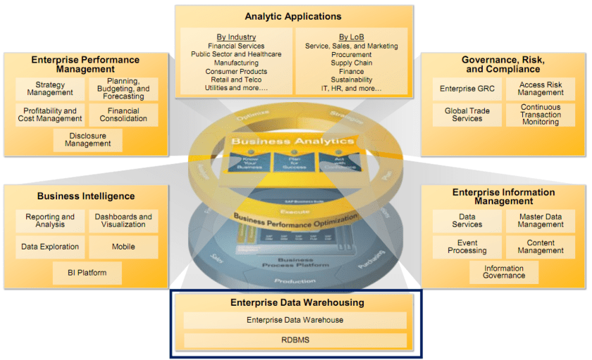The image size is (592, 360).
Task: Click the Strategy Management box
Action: coord(50,89)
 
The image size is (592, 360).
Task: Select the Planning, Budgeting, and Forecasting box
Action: coord(123,89)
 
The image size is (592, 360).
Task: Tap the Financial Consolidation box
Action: coord(123,115)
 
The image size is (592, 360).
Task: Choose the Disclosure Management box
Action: coord(87,140)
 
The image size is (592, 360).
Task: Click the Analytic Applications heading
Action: coord(292,16)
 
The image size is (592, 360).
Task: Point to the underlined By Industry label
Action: coord(237,37)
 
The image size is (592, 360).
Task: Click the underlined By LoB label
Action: coord(351,37)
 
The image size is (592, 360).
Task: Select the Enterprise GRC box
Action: coord(467,89)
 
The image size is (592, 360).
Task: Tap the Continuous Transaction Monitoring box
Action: coord(541,115)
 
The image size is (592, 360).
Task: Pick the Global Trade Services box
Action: coord(467,115)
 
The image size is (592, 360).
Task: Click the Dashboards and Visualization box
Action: coord(123,221)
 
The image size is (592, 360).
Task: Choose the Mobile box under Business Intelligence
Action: coord(123,247)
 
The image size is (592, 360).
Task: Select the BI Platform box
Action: coord(87,273)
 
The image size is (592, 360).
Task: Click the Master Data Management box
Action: coord(541,221)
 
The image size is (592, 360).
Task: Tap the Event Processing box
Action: coord(467,247)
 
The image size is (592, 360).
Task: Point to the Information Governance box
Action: coord(504,272)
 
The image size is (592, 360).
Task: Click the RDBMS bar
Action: coord(295,340)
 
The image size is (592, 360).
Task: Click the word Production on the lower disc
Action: coord(295,280)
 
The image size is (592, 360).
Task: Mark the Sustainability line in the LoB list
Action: coord(351,80)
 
